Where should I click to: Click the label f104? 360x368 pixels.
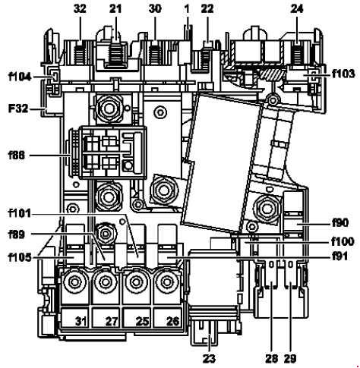coord(20,77)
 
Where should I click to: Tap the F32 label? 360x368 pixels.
coord(18,109)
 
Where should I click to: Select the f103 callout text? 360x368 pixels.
coord(343,74)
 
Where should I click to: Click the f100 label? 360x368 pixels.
coord(343,241)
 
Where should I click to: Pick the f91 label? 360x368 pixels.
coord(340,256)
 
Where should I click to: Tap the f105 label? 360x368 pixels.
coord(20,258)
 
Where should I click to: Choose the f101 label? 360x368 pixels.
coord(20,213)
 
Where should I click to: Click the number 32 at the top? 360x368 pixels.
coord(80,9)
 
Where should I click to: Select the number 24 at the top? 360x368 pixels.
coord(297,9)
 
